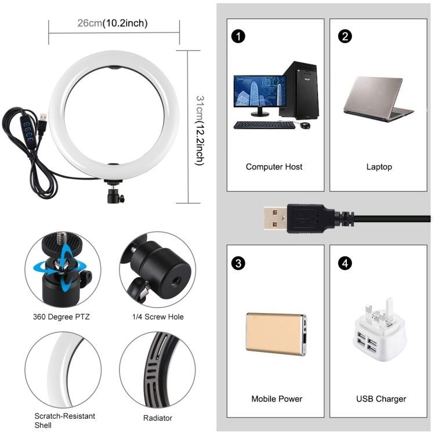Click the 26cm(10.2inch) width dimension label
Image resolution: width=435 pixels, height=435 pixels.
(113, 23)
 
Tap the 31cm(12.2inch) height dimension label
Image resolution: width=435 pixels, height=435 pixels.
(200, 130)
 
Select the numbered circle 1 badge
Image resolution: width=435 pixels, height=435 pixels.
(238, 37)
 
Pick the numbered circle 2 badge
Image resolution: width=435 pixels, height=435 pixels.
(345, 37)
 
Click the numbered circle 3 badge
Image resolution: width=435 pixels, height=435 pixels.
(238, 263)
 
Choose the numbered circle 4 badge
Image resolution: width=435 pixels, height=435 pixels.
(345, 263)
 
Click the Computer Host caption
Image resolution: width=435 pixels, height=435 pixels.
(274, 166)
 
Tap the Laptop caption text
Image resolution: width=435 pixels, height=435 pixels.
(379, 166)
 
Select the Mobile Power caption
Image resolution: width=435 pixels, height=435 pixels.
(277, 398)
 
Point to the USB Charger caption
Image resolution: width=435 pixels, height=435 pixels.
(381, 399)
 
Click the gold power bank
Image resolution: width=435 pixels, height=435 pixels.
(276, 334)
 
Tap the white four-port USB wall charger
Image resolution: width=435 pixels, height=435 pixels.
(379, 330)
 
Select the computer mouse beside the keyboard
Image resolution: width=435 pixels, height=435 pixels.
(305, 125)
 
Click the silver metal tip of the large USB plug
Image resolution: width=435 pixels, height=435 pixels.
(275, 217)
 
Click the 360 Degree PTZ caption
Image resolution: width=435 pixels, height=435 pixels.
(61, 317)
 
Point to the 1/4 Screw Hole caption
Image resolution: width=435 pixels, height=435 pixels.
(158, 317)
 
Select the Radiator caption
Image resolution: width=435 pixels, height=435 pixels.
(158, 418)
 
